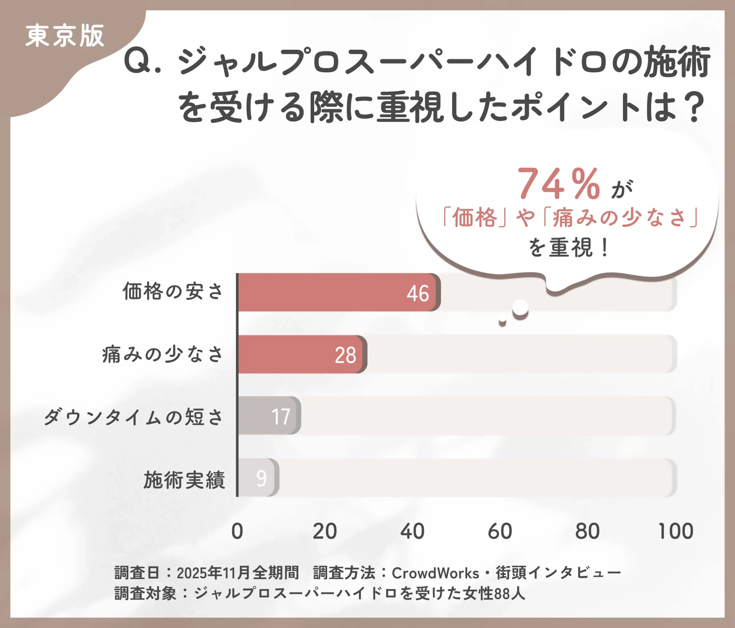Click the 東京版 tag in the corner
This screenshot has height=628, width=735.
[65, 36]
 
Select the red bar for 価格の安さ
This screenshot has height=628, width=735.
[333, 292]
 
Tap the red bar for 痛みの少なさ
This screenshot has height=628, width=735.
[298, 354]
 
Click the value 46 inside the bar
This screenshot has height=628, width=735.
[418, 293]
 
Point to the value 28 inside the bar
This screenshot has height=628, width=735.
[345, 355]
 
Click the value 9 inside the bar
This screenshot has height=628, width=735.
[262, 479]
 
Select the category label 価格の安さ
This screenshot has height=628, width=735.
[173, 292]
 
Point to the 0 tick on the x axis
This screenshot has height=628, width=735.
[237, 531]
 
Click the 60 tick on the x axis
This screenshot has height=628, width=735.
[500, 531]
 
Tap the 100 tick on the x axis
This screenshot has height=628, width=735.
[675, 531]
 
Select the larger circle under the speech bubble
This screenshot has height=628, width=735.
[521, 308]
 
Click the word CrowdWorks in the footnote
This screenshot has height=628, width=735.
[435, 573]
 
